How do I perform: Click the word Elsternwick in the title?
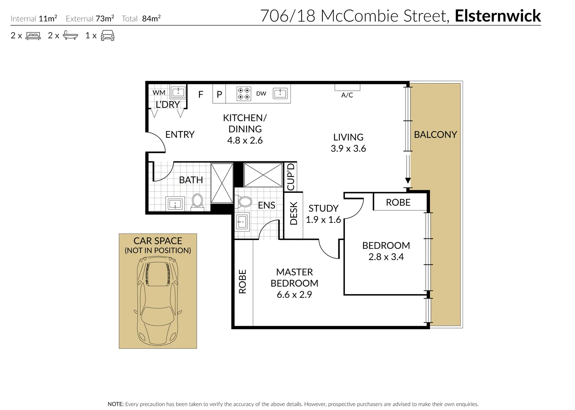498,16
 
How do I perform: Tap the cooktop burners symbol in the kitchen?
243,94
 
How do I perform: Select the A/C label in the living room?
347,95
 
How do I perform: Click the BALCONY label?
435,135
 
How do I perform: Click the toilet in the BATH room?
197,201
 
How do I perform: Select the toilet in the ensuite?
244,202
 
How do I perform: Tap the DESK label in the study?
294,213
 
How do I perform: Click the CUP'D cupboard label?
291,177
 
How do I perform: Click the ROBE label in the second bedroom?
398,203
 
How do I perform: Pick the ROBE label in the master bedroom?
242,282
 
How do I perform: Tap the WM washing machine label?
159,93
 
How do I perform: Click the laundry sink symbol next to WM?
178,92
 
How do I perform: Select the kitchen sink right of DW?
280,93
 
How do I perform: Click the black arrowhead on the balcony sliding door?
408,181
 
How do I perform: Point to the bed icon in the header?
33,36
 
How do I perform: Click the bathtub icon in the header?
70,36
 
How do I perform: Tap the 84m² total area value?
151,19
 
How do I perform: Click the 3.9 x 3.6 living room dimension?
348,149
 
